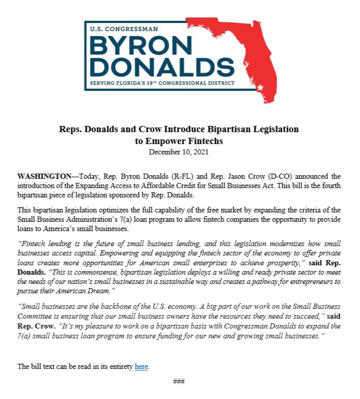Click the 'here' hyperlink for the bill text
[x=141, y=366]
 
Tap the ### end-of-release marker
[x=179, y=381]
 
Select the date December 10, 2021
[x=179, y=152]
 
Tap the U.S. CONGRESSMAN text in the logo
[x=124, y=30]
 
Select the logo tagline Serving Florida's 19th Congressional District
[x=162, y=83]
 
